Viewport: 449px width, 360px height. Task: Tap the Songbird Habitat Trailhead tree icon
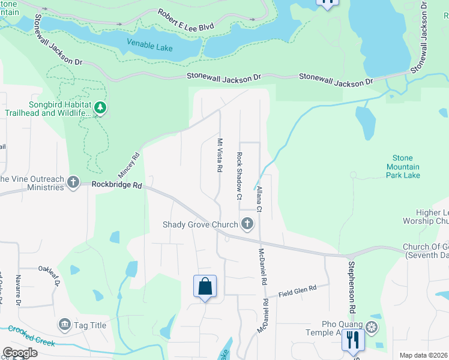point(101,108)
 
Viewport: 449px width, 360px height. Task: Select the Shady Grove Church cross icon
point(246,225)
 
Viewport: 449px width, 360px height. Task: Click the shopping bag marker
point(205,286)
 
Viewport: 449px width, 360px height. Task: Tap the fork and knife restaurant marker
point(352,340)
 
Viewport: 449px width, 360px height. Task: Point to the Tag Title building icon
point(64,325)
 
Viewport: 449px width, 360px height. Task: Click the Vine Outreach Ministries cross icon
point(73,182)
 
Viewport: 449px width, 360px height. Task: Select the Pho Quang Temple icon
point(372,328)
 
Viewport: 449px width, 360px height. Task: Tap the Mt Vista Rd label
point(220,155)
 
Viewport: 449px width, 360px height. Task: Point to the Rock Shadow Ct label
point(239,176)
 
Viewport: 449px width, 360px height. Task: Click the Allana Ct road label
point(259,199)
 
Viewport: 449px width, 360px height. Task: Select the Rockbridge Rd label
point(116,186)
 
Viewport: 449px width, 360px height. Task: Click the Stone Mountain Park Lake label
point(403,167)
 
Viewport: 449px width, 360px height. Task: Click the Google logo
point(20,353)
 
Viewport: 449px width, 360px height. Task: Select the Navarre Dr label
point(18,290)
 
